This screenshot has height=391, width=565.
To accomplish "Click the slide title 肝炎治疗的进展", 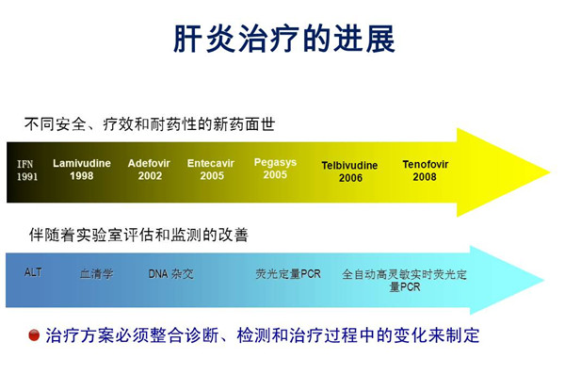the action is click(284, 39).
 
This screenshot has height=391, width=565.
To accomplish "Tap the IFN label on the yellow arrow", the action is click(24, 164).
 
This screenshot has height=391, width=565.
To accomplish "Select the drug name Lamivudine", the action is click(82, 163).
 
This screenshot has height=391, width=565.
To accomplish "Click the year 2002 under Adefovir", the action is click(150, 176).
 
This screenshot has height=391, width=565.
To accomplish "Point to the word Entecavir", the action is click(211, 163).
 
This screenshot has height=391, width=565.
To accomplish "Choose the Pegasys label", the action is click(275, 163).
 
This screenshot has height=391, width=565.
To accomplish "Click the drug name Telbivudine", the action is click(349, 166).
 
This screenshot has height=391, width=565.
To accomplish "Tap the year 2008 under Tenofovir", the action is click(425, 177).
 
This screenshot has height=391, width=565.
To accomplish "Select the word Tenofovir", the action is click(426, 164).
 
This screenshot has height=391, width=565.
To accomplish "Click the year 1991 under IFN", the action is click(27, 176).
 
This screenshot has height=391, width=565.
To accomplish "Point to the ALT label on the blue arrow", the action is click(33, 272).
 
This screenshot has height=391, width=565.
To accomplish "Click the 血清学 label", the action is click(96, 274).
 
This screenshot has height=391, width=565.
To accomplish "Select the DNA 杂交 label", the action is click(170, 274).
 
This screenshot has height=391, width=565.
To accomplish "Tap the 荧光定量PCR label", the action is click(288, 274).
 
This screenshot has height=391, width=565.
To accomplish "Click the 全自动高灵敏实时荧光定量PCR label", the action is click(404, 281).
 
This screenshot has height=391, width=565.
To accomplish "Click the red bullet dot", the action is click(34, 335).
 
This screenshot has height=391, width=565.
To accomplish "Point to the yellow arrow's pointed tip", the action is click(550, 172).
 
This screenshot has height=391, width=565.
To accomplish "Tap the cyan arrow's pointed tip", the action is click(544, 280).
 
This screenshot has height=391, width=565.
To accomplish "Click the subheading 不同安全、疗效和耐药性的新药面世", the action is click(150, 124).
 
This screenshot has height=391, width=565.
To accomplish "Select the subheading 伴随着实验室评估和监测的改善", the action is click(138, 235).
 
